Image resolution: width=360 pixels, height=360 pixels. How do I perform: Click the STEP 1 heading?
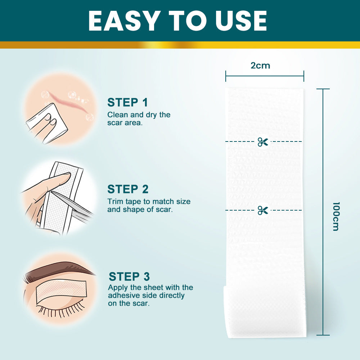point(127,102)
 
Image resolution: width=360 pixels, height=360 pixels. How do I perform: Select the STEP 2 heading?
point(128,189)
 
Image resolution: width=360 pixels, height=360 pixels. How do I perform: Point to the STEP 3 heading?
point(129,276)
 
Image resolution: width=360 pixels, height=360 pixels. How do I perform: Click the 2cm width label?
point(260,66)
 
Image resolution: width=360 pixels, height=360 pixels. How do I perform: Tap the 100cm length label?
point(336,216)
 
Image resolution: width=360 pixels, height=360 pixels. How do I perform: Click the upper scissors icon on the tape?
point(263,142)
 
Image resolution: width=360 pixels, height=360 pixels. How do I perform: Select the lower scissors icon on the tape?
point(263,210)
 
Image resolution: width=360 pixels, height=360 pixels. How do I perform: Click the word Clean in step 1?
point(117,115)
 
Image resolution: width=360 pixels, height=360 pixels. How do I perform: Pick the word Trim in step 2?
point(115,202)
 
